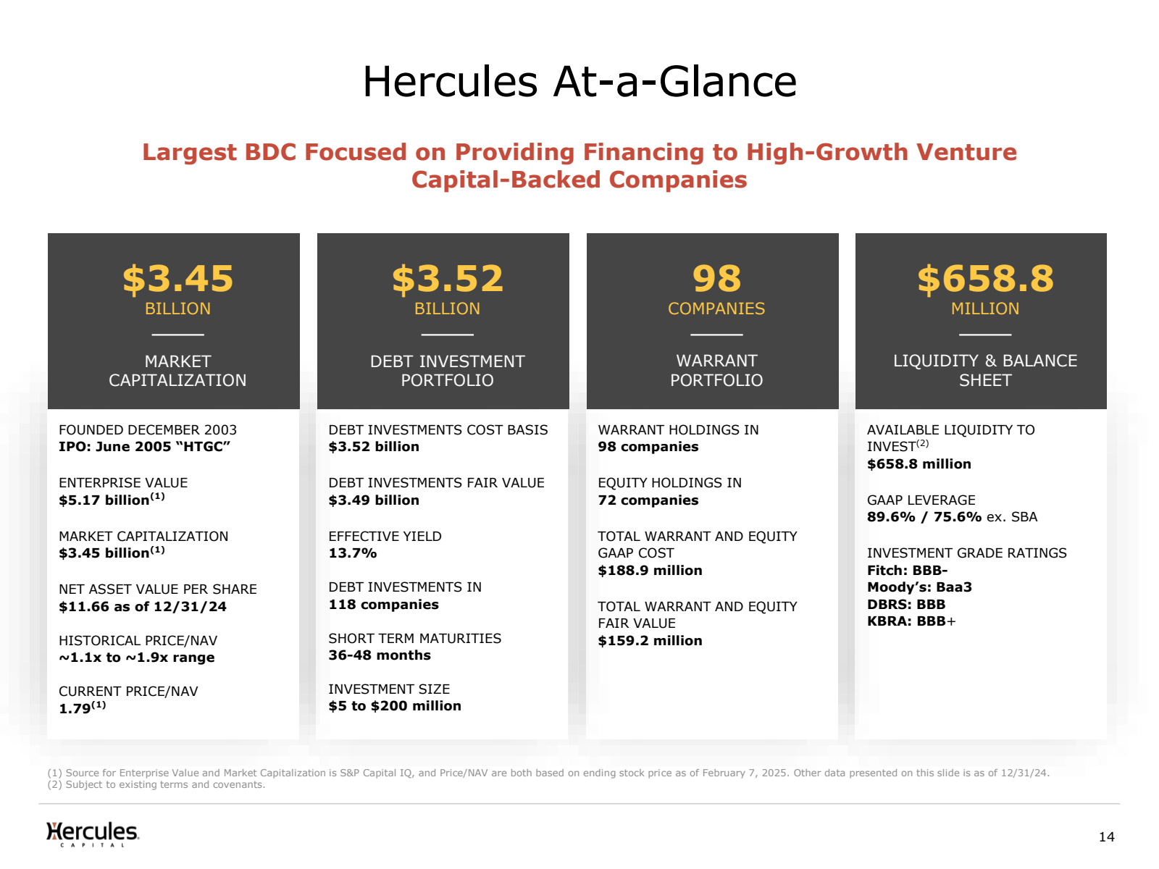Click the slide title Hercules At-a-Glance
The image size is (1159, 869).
pyautogui.click(x=579, y=82)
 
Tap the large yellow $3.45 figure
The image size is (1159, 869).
pyautogui.click(x=178, y=279)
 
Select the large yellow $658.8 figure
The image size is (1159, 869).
pyautogui.click(x=985, y=279)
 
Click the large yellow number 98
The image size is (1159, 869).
pyautogui.click(x=716, y=279)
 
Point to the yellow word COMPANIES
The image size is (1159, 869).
pyautogui.click(x=716, y=308)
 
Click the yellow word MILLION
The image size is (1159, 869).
pyautogui.click(x=984, y=308)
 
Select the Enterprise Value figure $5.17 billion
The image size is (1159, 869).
pyautogui.click(x=112, y=499)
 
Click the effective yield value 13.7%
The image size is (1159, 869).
pyautogui.click(x=352, y=553)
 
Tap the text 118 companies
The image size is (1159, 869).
pyautogui.click(x=383, y=604)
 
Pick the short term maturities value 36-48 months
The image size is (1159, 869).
pyautogui.click(x=379, y=655)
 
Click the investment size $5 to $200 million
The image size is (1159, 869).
pyautogui.click(x=395, y=706)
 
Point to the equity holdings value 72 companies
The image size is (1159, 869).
pyautogui.click(x=648, y=500)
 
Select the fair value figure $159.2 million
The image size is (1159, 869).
pyautogui.click(x=650, y=641)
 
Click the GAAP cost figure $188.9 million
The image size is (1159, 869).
pyautogui.click(x=650, y=571)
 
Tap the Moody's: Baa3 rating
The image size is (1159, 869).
pyautogui.click(x=919, y=587)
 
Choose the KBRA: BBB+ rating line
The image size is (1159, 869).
pyautogui.click(x=911, y=621)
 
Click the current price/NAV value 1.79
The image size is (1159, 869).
pyautogui.click(x=82, y=708)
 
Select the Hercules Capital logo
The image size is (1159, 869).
pyautogui.click(x=93, y=834)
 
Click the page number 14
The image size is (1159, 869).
pyautogui.click(x=1107, y=837)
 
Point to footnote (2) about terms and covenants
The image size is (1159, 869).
pyautogui.click(x=156, y=784)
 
